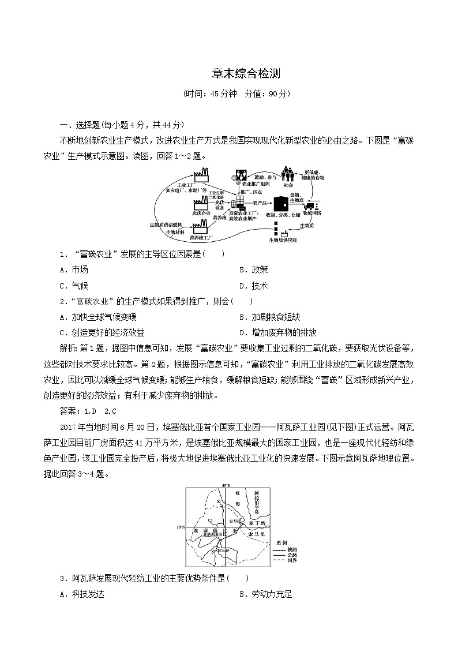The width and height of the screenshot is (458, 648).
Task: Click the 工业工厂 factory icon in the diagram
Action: point(201,174)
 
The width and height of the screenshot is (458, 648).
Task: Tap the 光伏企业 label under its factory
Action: point(201,213)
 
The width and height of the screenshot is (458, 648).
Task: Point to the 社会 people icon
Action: point(288,174)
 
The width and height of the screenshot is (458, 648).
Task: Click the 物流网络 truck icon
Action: point(311,205)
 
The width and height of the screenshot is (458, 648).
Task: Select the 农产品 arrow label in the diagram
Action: point(260,203)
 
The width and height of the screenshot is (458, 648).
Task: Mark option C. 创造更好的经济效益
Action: point(102,332)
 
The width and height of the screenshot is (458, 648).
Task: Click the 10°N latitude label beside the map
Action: point(180,527)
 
